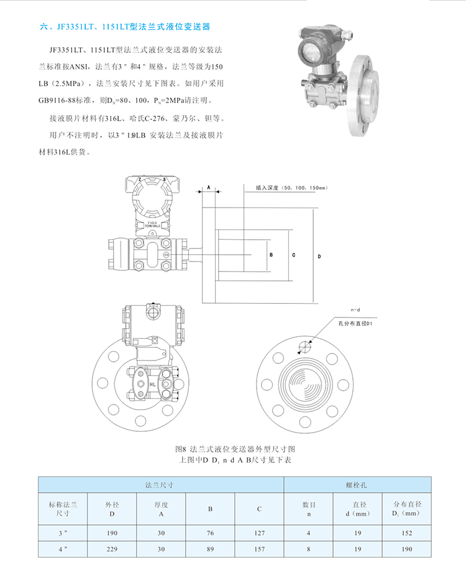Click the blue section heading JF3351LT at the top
click(x=124, y=27)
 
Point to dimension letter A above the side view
click(x=209, y=186)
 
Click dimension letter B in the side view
click(x=272, y=255)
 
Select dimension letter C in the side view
click(x=293, y=255)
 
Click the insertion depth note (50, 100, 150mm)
click(x=291, y=187)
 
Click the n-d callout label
click(x=355, y=309)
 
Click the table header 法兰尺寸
click(x=162, y=483)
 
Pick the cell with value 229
click(x=112, y=549)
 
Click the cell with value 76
click(x=211, y=533)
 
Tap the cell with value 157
click(x=259, y=549)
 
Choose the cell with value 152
click(x=407, y=533)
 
